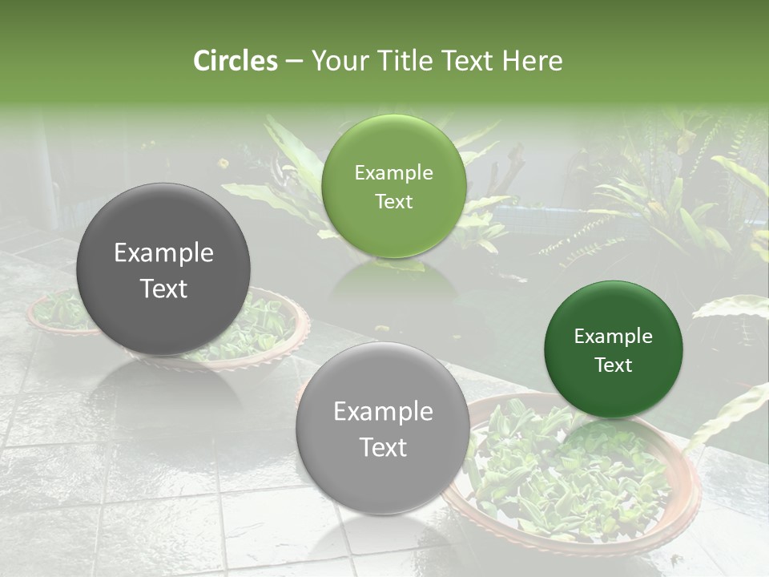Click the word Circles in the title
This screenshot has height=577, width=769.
(x=236, y=61)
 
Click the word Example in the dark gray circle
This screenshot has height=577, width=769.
(x=163, y=253)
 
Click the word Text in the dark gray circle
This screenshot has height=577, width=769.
(x=163, y=288)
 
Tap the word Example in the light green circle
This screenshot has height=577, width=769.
(x=393, y=173)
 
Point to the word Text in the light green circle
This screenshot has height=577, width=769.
(x=393, y=202)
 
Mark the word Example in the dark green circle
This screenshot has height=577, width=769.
(x=614, y=337)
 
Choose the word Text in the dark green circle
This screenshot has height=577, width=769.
(x=614, y=365)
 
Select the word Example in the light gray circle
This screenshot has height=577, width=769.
(x=383, y=412)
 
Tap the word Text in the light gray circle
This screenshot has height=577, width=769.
(x=383, y=447)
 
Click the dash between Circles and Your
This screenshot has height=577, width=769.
(x=294, y=62)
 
